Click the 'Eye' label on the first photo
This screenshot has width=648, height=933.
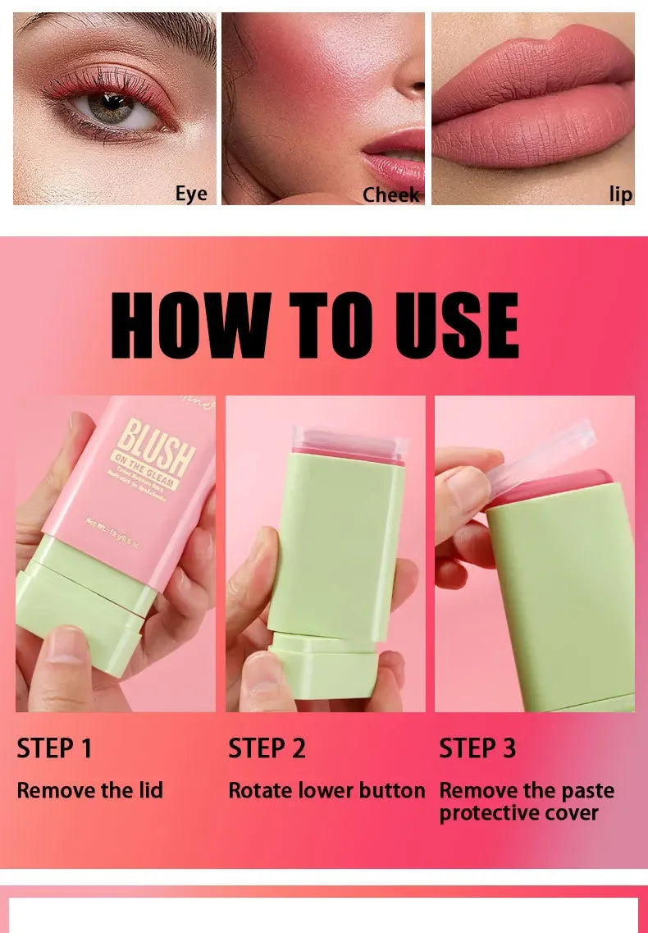[x=190, y=194]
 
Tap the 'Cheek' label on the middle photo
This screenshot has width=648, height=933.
[x=390, y=194]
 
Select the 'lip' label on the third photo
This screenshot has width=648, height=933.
[x=620, y=194]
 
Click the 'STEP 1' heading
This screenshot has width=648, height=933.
[x=54, y=748]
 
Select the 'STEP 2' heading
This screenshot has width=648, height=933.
[x=267, y=748]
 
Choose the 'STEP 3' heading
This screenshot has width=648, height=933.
[x=477, y=748]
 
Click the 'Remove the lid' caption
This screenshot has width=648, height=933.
[x=89, y=790]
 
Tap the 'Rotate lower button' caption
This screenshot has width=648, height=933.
[x=326, y=790]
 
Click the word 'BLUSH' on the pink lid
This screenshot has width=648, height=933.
[x=157, y=444]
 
